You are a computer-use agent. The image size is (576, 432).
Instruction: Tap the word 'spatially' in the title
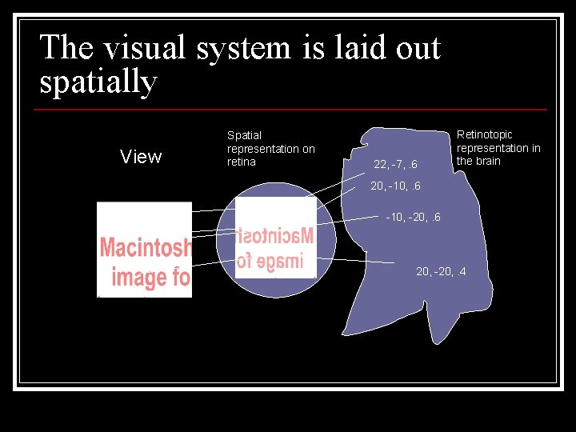coord(98,82)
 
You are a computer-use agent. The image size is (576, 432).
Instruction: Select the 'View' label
coord(141,157)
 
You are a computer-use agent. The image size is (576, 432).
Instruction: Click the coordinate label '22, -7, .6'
coord(396,166)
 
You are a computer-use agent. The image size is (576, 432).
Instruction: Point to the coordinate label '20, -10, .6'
coord(395,186)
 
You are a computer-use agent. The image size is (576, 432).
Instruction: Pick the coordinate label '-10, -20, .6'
coord(413,218)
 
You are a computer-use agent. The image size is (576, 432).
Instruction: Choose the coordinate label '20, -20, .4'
coord(442,271)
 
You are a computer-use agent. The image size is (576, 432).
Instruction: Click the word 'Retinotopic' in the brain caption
coord(484,134)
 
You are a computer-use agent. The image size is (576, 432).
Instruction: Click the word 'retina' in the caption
coord(242,162)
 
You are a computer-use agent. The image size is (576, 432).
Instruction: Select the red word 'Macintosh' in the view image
coord(146,249)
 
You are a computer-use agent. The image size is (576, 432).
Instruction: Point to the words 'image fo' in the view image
coord(150,278)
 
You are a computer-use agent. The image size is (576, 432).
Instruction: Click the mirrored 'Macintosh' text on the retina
coord(276,237)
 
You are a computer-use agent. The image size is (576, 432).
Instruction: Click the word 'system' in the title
coord(234,49)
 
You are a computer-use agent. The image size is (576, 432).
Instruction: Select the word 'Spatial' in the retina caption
coord(244,135)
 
